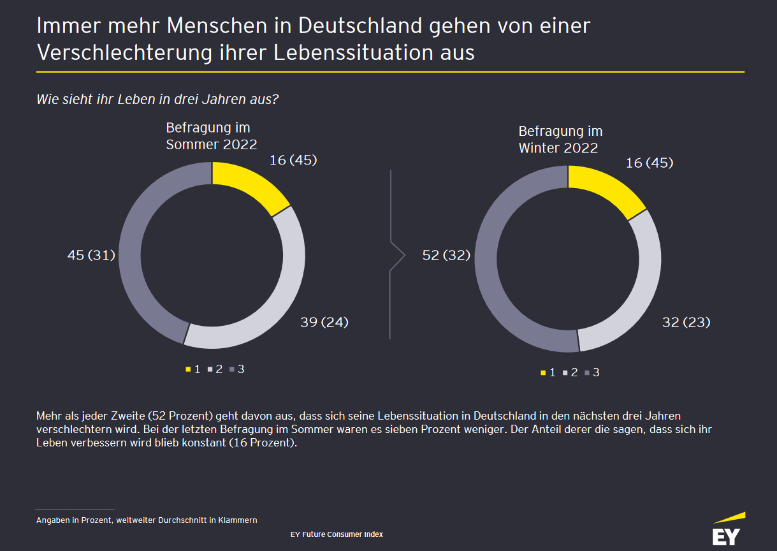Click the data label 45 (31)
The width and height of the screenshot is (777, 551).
pos(91,255)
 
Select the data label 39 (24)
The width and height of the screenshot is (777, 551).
pos(324,322)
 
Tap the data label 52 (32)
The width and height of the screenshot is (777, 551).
pos(447,255)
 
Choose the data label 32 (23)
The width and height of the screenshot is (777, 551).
pos(686,322)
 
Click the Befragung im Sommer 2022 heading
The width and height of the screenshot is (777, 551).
pos(212,136)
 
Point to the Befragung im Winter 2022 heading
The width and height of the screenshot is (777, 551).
pos(560,140)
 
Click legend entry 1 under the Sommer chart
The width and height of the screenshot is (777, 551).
pos(193,369)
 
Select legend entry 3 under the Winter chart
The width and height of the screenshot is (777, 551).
pos(592,372)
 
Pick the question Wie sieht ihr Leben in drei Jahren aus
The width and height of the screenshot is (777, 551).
pos(158,99)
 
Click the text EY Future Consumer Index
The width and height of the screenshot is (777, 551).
pos(337,534)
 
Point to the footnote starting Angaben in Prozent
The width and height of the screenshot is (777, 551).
pos(147,520)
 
